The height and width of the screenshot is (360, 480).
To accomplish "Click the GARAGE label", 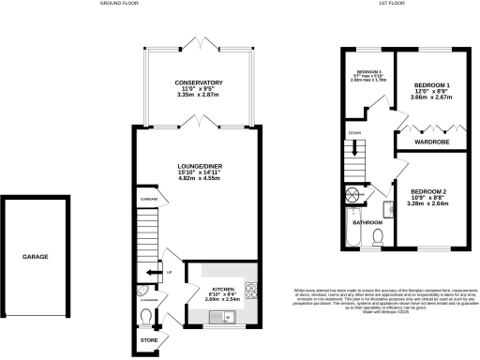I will point(35,256).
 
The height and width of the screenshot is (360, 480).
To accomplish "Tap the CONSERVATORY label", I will point(198,83).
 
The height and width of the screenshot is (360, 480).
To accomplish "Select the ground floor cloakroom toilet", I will point(146,315).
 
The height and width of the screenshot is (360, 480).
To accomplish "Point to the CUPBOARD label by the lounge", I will point(148,199).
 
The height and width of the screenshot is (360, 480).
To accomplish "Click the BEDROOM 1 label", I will point(433,86).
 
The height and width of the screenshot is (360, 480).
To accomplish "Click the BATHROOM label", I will point(365,223).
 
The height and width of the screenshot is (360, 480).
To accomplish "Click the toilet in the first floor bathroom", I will point(380,235).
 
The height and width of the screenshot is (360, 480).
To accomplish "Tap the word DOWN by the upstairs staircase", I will point(354,133).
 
